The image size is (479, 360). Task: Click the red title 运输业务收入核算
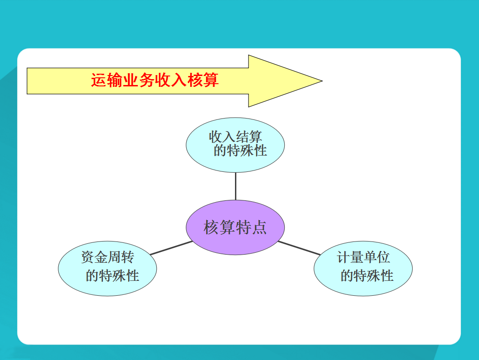pos(155,81)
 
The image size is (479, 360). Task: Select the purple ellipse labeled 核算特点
pos(235,227)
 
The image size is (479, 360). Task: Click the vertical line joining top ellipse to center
pos(235,186)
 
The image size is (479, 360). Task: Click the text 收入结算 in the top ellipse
pos(235,137)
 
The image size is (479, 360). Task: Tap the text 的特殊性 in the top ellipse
pos(240,151)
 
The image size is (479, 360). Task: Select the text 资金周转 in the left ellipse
pos(108,258)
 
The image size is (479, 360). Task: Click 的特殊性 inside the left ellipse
pos(112,275)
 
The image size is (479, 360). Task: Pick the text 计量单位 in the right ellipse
pos(363,258)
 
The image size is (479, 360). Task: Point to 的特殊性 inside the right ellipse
pos(367,275)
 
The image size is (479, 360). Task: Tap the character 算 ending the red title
pos(211,81)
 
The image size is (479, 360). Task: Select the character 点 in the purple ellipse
pos(259,227)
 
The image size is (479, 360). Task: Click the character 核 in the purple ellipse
pos(211,227)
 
